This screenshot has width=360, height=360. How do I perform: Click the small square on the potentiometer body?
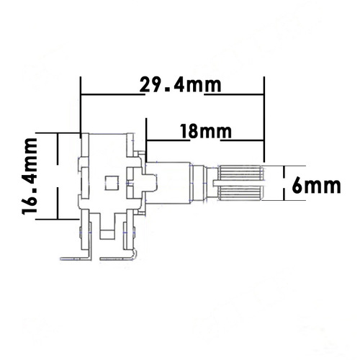(112, 181)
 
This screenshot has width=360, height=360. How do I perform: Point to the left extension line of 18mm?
(146, 140)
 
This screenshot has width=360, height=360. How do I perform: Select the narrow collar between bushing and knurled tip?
(214, 183)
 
